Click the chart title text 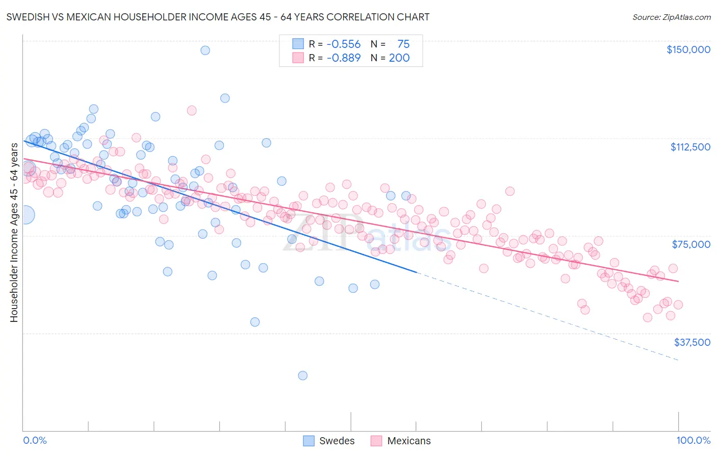(218, 17)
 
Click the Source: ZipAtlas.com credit (671, 17)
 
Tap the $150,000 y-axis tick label (688, 49)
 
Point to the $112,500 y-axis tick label (689, 147)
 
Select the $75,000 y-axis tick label (690, 244)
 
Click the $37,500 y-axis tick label (692, 342)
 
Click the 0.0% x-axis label (35, 440)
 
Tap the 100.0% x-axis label (693, 440)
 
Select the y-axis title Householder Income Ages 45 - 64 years (14, 233)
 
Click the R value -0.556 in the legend (343, 44)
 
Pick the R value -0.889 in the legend (343, 58)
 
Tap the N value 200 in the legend (399, 58)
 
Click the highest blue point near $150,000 (205, 50)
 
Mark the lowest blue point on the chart (302, 375)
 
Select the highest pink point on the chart (192, 110)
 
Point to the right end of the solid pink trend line (678, 281)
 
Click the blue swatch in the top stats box (298, 44)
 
